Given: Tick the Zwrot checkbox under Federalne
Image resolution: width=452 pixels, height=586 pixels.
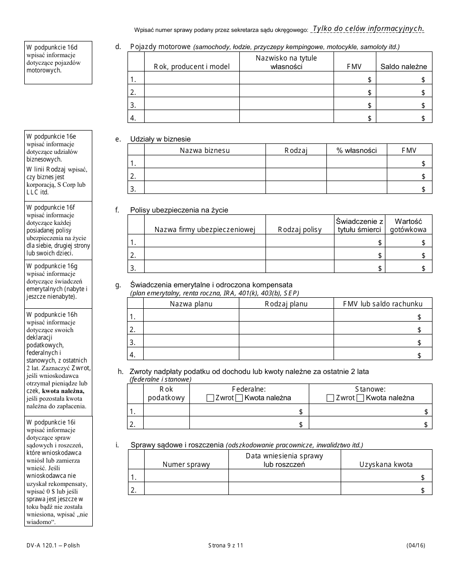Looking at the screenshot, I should point(210,398).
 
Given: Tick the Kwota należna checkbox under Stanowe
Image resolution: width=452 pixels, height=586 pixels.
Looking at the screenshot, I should point(360,398).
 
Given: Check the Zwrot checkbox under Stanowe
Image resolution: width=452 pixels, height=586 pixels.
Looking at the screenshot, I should point(330,398).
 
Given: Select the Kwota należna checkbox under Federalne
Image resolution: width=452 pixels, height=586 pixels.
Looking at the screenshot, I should point(239,398).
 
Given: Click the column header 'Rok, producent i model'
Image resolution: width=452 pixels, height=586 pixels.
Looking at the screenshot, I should point(191,67).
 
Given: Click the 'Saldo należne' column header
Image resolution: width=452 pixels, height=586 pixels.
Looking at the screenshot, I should point(403,67).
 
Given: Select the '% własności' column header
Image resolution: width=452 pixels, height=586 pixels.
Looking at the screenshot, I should point(356,151).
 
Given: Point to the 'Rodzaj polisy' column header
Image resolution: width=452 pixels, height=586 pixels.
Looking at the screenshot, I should point(299,230).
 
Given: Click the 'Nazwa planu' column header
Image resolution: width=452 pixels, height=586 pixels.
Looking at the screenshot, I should point(191,304).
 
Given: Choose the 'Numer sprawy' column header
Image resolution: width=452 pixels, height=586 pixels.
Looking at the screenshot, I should point(186,465).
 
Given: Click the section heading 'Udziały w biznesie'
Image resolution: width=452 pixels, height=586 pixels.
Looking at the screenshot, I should point(160,139).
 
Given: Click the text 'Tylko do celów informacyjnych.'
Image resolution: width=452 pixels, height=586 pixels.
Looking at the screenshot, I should point(368,29).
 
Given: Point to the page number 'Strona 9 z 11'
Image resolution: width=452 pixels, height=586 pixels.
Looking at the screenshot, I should point(226,546).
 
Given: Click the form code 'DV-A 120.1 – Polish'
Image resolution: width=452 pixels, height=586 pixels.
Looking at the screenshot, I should point(53,546).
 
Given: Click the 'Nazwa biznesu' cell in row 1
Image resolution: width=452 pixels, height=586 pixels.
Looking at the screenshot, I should point(204,163).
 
